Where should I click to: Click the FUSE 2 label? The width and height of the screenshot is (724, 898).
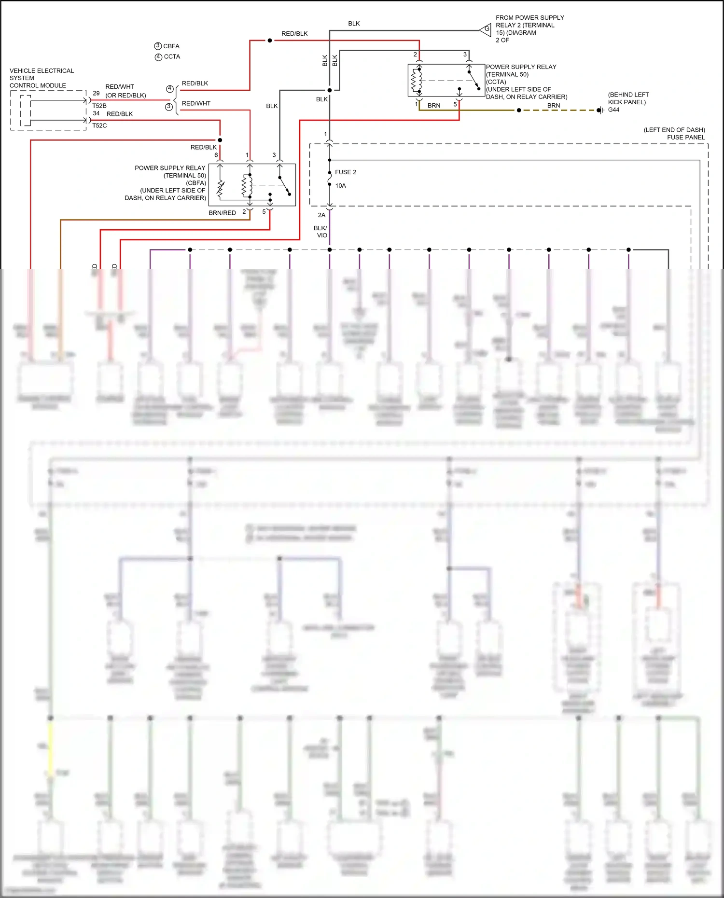[346, 172]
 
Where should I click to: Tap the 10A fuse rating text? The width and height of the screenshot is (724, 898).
[340, 186]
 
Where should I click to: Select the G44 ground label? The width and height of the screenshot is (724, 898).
[613, 110]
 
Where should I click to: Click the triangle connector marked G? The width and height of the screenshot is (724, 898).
[486, 29]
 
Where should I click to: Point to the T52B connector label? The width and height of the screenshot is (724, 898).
[99, 106]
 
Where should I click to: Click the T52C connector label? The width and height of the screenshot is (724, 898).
[99, 125]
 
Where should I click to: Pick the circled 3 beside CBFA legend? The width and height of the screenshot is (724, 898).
[158, 46]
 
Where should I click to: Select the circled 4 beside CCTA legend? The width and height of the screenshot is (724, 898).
[158, 57]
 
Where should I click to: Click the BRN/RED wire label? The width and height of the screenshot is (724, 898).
[222, 213]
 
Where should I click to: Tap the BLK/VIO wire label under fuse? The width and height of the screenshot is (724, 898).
[321, 232]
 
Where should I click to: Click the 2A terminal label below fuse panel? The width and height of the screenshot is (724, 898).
[321, 215]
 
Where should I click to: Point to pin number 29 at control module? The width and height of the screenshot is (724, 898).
[96, 94]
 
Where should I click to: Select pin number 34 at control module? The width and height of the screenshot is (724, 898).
[96, 113]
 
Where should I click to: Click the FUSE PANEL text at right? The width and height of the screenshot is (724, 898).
[686, 138]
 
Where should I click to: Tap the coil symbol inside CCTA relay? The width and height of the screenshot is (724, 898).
[414, 80]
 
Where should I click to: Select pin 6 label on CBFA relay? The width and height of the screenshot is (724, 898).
[216, 155]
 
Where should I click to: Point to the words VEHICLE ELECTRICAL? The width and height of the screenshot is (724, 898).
[42, 71]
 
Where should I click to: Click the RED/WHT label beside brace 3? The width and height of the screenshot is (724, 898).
[196, 103]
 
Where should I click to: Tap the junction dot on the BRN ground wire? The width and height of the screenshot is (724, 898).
[519, 111]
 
